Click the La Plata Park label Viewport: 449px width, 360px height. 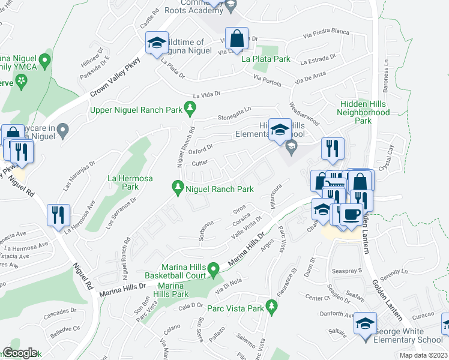coord(265,59)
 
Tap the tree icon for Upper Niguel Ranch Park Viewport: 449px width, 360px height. coord(190,108)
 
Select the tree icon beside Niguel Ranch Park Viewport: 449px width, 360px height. coord(178,188)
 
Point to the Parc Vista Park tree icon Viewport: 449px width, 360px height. coord(272,307)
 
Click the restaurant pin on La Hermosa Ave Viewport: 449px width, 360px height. coord(59,215)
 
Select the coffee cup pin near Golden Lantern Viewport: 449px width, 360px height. coord(352,214)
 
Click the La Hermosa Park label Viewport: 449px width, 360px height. coord(130,182)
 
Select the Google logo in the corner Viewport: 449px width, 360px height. coord(20,353)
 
